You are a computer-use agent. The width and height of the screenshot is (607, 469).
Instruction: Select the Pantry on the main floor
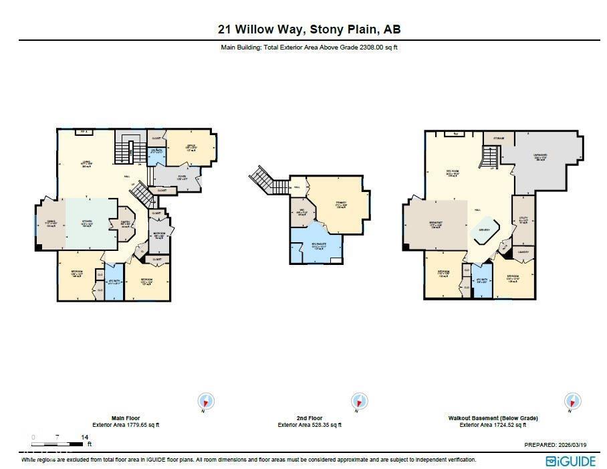point(125,224)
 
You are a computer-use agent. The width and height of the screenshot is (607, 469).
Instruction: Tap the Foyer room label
point(181,177)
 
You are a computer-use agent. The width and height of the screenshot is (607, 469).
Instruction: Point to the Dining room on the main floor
point(50,224)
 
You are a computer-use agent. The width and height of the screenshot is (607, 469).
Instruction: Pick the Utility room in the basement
point(523,220)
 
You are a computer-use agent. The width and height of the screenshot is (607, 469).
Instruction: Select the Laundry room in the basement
point(523,253)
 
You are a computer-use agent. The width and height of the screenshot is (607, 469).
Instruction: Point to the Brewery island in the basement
point(483,229)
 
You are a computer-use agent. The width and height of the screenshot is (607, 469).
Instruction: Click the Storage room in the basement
point(499,138)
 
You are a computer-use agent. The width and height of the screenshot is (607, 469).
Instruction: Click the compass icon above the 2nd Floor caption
point(359,401)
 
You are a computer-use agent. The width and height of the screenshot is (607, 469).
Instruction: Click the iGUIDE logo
point(570,460)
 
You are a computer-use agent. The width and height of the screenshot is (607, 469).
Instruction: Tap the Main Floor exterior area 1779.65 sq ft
point(126,425)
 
